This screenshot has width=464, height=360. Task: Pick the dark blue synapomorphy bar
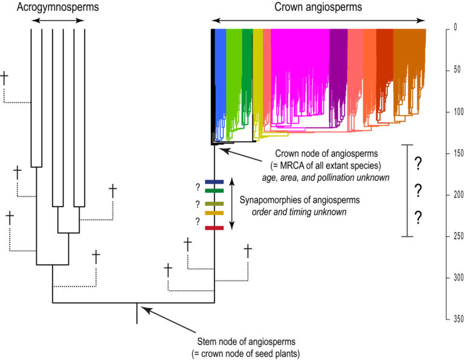[214, 181]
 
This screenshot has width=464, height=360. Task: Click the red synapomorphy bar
[214, 228]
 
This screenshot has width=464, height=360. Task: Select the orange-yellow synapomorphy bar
[214, 213]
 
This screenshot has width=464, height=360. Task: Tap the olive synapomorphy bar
[214, 204]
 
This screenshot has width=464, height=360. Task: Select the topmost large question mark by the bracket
[416, 164]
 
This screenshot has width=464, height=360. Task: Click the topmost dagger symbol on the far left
[5, 78]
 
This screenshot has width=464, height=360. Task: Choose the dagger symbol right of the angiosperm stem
[247, 250]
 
